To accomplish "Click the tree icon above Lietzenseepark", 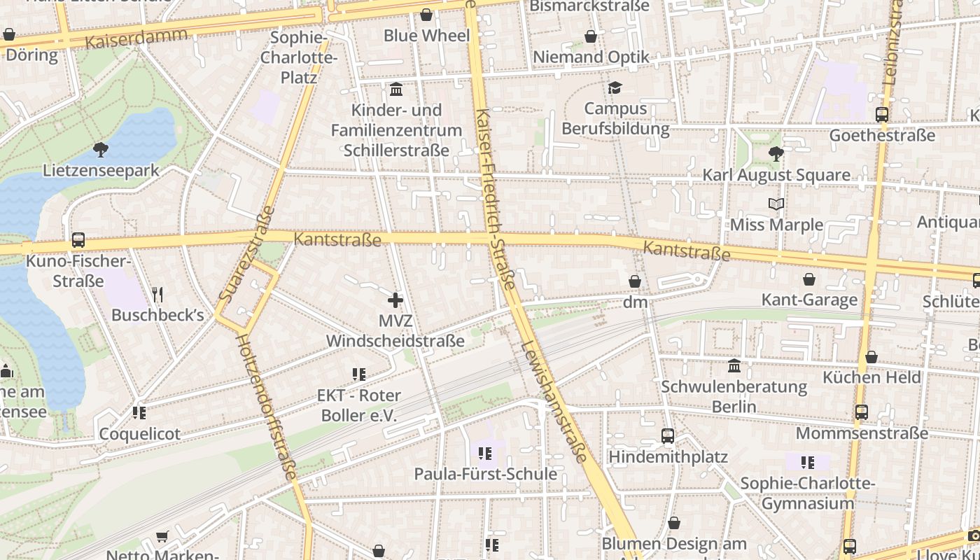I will pyautogui.click(x=101, y=149).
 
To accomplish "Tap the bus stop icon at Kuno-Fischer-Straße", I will pyautogui.click(x=78, y=240).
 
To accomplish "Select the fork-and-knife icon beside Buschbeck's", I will pyautogui.click(x=157, y=295).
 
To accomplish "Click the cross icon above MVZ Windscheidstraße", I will pyautogui.click(x=395, y=300).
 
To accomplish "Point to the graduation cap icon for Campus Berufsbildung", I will pyautogui.click(x=615, y=87).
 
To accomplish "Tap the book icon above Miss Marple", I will pyautogui.click(x=776, y=204).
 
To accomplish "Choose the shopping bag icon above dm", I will pyautogui.click(x=635, y=281).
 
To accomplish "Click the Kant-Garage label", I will pyautogui.click(x=809, y=300).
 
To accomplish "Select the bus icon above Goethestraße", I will pyautogui.click(x=882, y=115).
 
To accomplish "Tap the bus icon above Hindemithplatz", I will pyautogui.click(x=668, y=436).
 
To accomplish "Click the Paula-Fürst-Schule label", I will pyautogui.click(x=485, y=474).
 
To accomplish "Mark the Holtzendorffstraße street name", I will pyautogui.click(x=266, y=406).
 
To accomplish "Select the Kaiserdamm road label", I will pyautogui.click(x=136, y=38).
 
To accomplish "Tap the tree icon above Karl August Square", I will pyautogui.click(x=776, y=154).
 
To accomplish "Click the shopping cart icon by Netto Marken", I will pyautogui.click(x=162, y=537).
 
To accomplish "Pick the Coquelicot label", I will pyautogui.click(x=139, y=434).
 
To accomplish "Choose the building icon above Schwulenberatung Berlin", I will pyautogui.click(x=734, y=365).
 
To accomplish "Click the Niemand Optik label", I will pyautogui.click(x=591, y=57).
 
